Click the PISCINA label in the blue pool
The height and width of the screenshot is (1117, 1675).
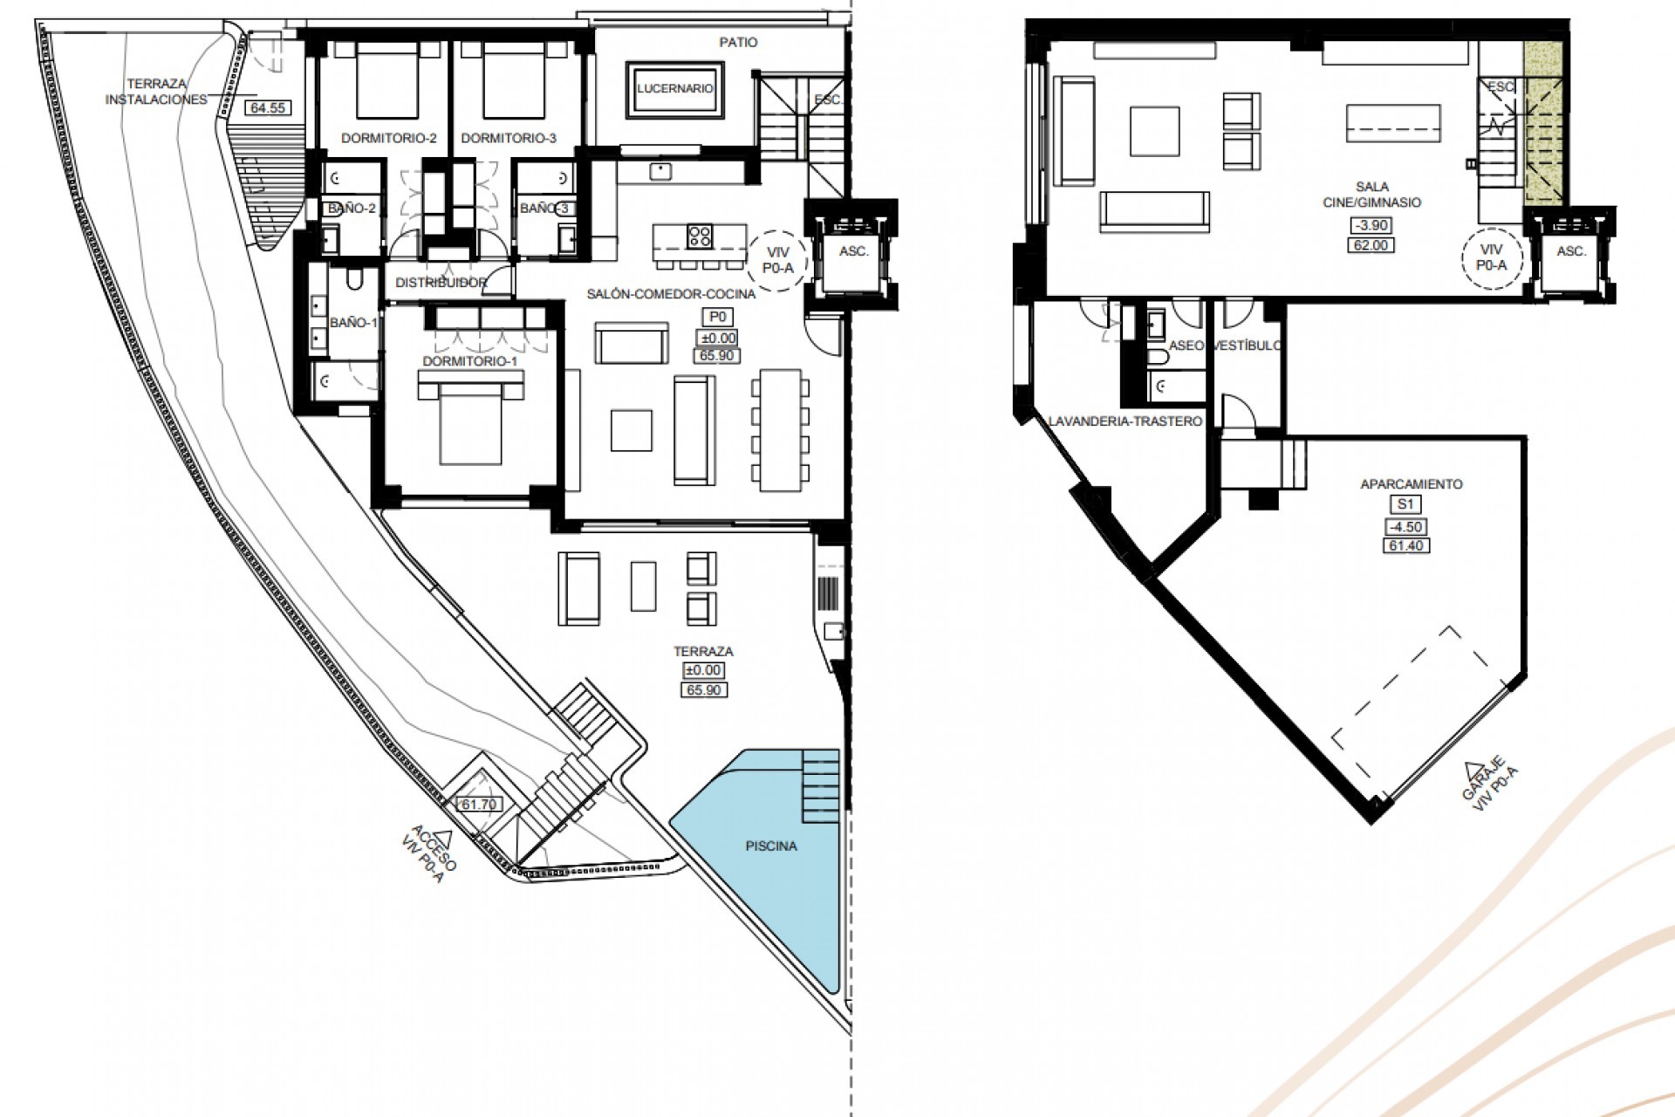pos(771,846)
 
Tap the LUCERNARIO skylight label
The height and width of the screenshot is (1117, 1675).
pos(675,88)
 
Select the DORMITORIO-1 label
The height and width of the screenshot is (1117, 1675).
pos(469,360)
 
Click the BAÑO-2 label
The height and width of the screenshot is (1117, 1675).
pos(352,209)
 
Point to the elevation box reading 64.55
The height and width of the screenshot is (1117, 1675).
pos(269,108)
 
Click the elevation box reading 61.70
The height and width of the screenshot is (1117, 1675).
pos(478,804)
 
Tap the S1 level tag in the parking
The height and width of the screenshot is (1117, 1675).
pos(1405,504)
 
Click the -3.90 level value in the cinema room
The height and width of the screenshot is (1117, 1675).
pos(1371,225)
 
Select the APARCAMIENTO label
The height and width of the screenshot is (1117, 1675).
pos(1411,483)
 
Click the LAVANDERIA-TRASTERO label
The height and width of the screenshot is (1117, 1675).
pos(1125,421)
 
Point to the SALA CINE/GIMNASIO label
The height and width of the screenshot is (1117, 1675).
pos(1372,195)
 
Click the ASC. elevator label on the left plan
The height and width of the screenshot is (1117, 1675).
pos(853,251)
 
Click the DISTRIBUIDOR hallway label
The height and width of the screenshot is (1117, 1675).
pos(441,283)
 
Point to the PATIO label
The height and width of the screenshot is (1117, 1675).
pos(738,42)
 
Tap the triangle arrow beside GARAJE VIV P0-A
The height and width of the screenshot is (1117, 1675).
pos(1474,769)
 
